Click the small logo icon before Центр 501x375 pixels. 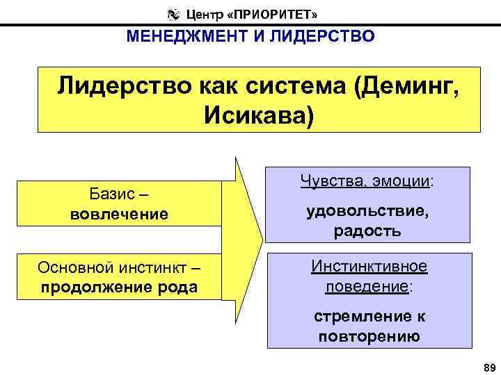pos(173,13)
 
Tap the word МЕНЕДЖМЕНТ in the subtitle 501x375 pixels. pos(182,36)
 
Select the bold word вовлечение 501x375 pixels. pos(120,213)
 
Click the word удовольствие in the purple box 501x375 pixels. pos(367,212)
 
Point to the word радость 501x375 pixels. pos(367,232)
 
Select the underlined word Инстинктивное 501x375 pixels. pos(369,267)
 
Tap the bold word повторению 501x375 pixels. pos(369,337)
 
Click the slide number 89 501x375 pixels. pos(487,367)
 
